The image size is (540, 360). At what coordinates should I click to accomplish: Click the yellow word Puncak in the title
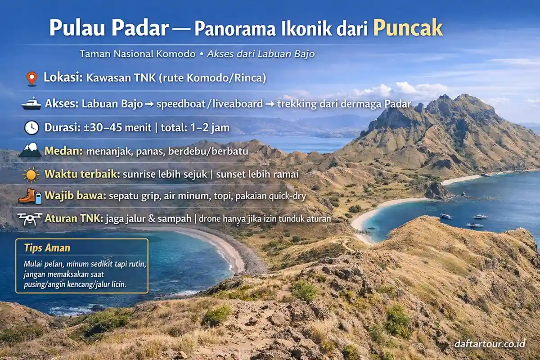(408, 28)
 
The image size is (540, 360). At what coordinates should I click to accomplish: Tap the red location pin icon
(31, 78)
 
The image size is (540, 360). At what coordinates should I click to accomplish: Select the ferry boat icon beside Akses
(31, 104)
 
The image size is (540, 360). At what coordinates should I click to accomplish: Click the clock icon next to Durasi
(31, 128)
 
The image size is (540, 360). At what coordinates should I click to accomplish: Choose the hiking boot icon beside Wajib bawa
(28, 197)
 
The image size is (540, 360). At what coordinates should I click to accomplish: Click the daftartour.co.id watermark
(490, 344)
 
